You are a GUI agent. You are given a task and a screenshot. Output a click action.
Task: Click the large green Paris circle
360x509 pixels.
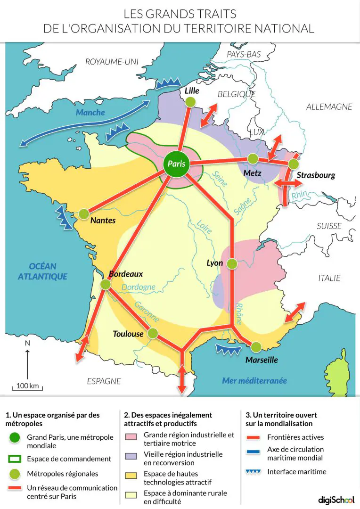click(176, 164)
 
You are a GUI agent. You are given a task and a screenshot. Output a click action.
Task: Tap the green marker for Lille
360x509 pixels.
click(190, 102)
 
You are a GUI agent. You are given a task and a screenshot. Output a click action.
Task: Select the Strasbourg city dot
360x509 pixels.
click(294, 164)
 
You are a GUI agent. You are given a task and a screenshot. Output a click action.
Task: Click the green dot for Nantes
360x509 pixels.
click(84, 214)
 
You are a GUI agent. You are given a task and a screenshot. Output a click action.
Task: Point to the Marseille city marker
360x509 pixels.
click(256, 347)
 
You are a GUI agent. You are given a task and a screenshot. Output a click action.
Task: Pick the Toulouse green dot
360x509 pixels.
click(152, 333)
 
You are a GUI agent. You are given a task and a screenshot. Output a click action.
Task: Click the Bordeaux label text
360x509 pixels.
click(125, 274)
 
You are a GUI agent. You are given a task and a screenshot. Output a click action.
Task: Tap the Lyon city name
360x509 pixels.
click(215, 263)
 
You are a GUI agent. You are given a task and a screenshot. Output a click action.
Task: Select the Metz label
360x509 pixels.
click(253, 173)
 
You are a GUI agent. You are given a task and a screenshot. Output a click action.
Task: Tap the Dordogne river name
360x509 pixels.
click(138, 287)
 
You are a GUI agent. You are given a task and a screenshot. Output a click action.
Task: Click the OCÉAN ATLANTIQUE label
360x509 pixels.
click(42, 271)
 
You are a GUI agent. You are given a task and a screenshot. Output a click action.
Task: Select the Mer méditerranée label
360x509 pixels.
click(254, 380)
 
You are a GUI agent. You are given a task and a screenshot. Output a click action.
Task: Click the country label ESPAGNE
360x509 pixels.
click(104, 381)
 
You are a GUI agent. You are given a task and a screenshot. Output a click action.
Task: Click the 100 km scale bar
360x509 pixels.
click(27, 389)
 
